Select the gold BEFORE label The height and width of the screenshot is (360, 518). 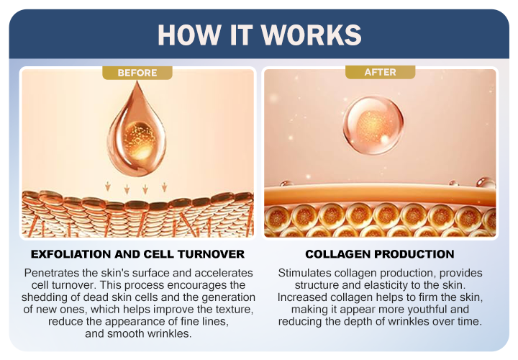[137, 73]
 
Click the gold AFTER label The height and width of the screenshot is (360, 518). [381, 72]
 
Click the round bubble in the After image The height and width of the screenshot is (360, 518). [373, 125]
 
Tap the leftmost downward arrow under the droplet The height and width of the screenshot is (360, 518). [108, 186]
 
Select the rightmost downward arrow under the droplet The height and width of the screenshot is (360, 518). [164, 186]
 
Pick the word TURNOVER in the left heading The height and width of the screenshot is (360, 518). [211, 254]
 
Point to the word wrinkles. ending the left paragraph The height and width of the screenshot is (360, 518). [170, 333]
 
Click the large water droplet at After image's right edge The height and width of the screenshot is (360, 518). [485, 182]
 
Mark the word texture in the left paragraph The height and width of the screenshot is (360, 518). [234, 310]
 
